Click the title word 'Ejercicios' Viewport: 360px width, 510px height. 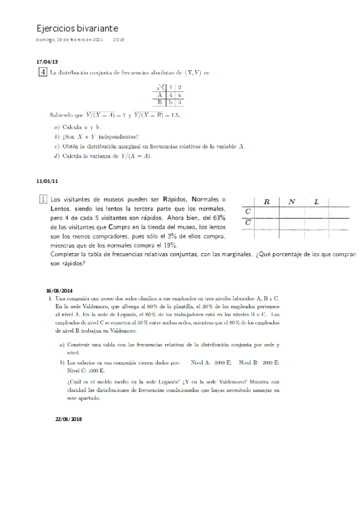(56, 28)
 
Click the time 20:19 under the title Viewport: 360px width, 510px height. (118, 40)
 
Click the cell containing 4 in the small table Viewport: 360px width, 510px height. (171, 94)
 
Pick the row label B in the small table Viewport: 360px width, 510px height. (160, 102)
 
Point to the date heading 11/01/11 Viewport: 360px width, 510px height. (47, 181)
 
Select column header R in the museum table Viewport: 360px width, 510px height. (266, 202)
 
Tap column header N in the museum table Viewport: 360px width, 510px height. (291, 202)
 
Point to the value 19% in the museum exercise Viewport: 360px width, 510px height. (169, 245)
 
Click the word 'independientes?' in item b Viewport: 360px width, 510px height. (120, 137)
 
